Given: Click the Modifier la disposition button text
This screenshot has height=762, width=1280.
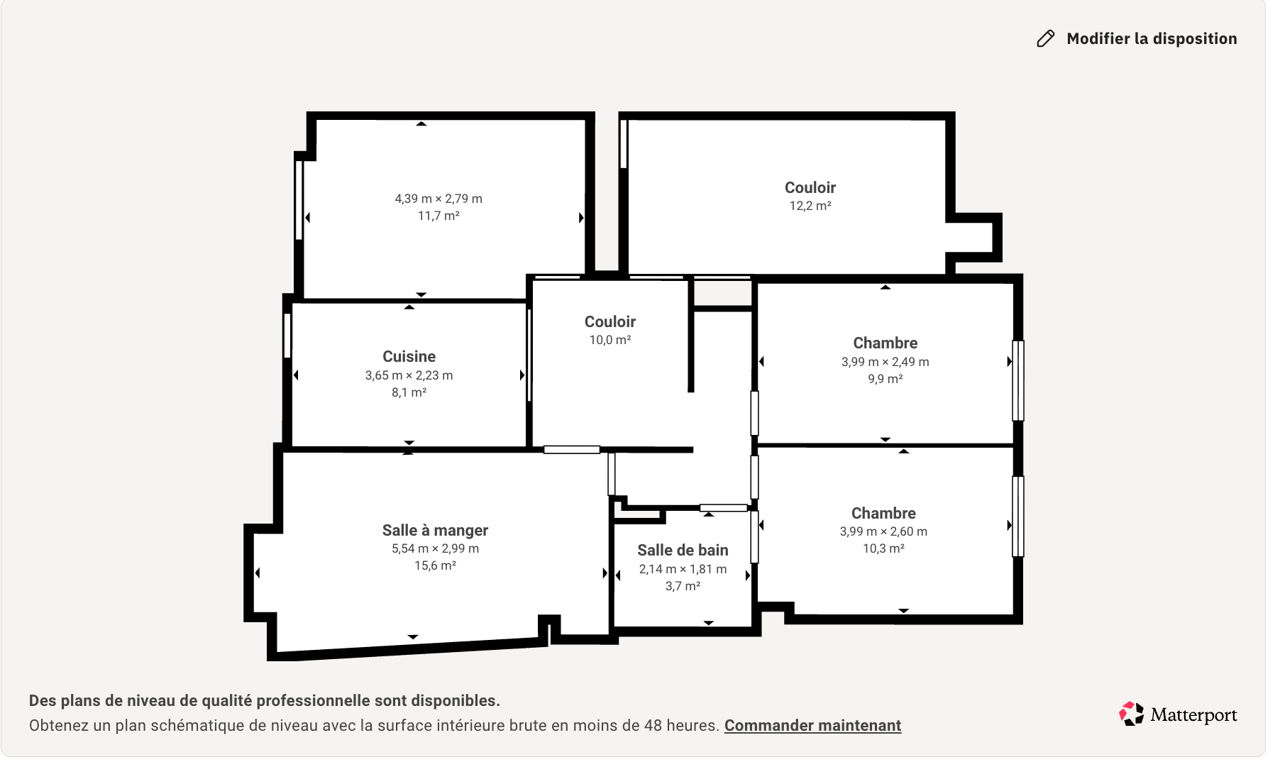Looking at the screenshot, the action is coord(1152,38).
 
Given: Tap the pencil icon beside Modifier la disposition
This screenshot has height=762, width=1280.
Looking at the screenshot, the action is coord(1046,38).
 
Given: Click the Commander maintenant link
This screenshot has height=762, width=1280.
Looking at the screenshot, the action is coord(812,725).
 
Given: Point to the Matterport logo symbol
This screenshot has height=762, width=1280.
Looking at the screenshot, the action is coord(1132,714).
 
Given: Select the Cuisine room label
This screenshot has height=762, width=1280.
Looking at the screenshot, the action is coord(409,356).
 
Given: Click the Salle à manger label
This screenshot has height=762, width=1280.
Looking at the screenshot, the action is coord(435,530).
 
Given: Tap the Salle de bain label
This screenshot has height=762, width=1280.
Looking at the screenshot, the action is coord(683,550).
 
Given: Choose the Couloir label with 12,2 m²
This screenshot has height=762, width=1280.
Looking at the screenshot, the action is coord(810,187).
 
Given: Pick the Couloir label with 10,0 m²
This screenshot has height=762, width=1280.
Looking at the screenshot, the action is coord(610,321).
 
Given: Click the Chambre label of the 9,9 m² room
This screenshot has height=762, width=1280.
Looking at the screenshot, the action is coord(885,343).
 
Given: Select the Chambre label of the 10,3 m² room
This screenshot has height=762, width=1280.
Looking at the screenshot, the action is coord(883,513).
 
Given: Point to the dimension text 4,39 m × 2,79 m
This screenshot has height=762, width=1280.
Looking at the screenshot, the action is coord(438,199).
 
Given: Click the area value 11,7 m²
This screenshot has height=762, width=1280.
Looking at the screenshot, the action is coord(438,216).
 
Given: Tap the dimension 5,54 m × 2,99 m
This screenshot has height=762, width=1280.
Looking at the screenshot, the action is coord(435,548).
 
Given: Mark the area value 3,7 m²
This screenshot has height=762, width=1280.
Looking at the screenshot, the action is coord(683,586).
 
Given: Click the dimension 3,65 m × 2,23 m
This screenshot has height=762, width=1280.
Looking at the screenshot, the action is coord(409,375).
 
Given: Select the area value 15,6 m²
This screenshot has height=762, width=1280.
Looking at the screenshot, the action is coord(435,565).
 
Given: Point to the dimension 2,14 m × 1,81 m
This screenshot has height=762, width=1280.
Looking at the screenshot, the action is coord(683,569).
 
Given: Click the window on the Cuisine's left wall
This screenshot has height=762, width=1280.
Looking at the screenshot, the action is coord(287,336).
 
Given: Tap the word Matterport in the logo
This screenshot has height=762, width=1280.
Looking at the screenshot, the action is coord(1193,715).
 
